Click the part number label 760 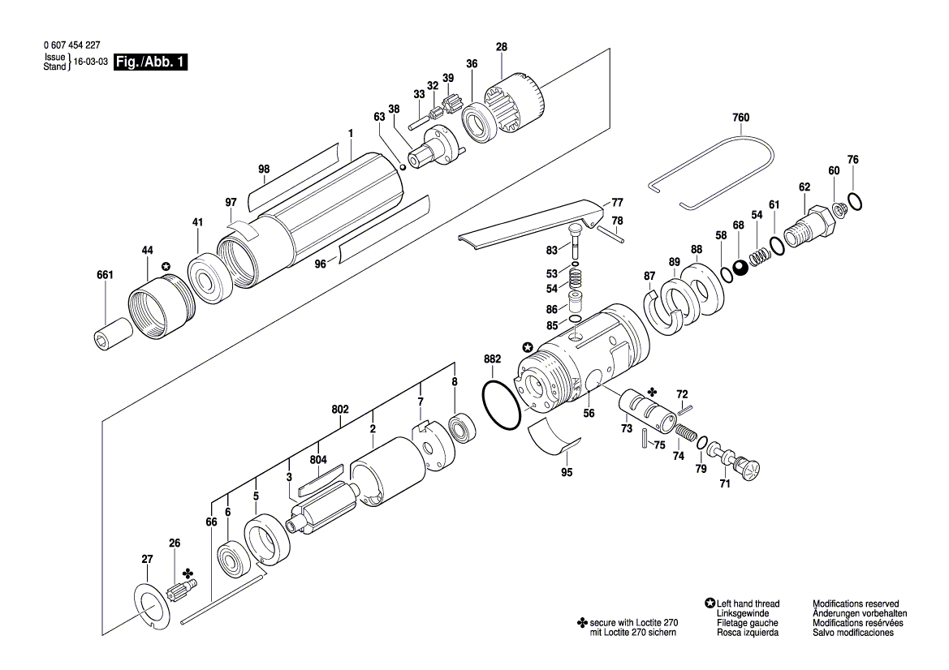point(740,118)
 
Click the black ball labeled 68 point(740,268)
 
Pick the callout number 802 point(340,410)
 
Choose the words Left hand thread point(748,603)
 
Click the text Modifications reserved point(856,603)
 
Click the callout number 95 point(567,472)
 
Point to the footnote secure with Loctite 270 point(633,622)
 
